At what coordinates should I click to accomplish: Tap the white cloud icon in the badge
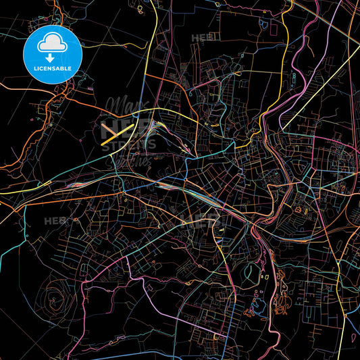click(52, 43)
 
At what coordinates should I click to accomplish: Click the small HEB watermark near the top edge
click(201, 38)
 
